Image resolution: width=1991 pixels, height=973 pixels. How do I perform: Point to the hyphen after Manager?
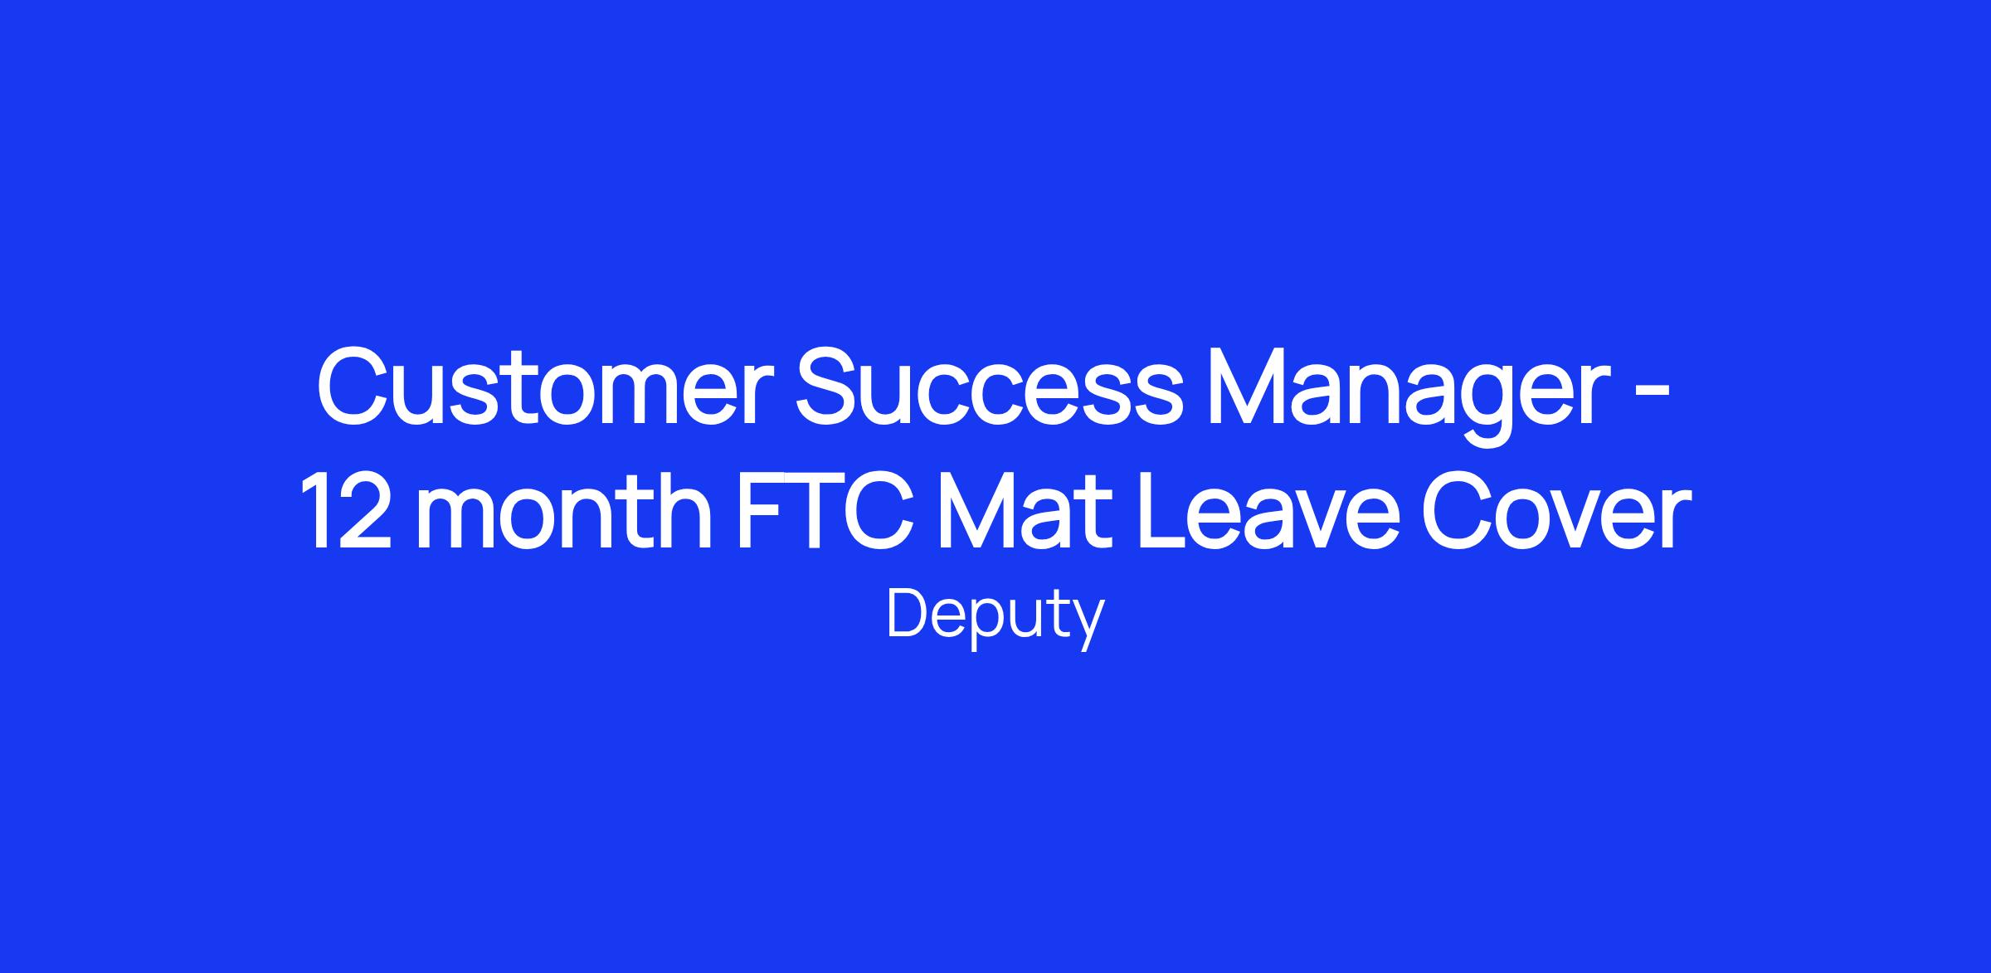click(x=1654, y=397)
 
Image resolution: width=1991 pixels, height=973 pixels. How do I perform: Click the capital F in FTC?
click(x=762, y=510)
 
